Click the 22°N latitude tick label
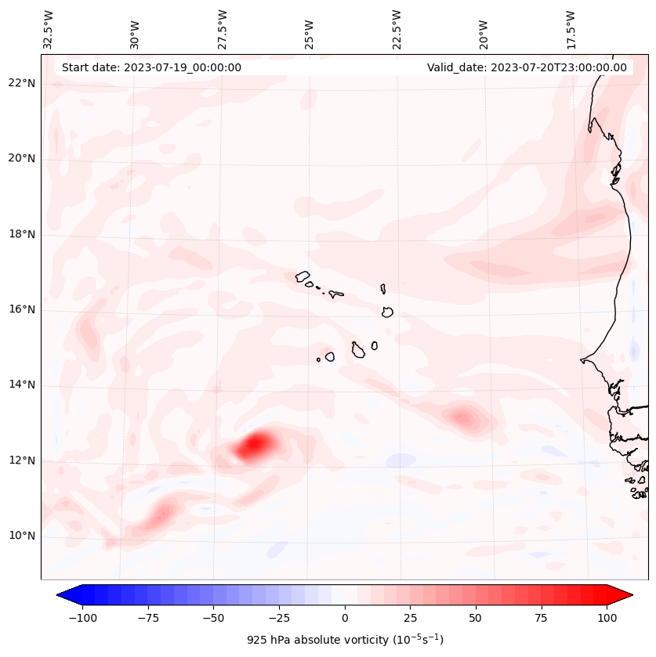pos(21,83)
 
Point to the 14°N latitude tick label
pos(21,384)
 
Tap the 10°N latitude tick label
pos(21,536)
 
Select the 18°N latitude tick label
pos(21,234)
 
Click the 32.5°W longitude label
pos(49,29)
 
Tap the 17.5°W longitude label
pos(571,29)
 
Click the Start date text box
pos(151,67)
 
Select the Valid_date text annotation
pos(527,67)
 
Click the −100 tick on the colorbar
pos(82,618)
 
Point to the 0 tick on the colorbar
pos(344,618)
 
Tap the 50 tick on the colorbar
pos(475,618)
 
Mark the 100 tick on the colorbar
pos(606,618)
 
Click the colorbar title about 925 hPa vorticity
pos(345,640)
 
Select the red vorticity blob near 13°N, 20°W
pos(463,417)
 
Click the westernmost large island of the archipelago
pos(303,276)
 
